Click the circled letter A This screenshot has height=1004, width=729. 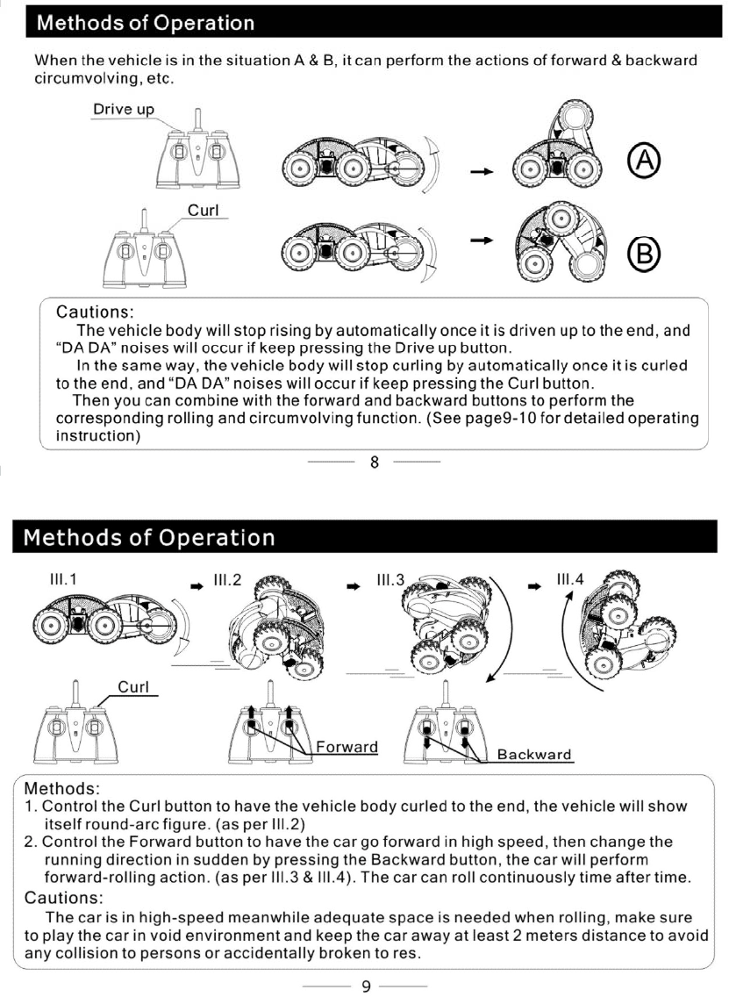(x=644, y=161)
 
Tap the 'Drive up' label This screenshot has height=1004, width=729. (x=124, y=110)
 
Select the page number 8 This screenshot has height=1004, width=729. (x=375, y=463)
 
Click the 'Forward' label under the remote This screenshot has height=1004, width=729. (x=347, y=747)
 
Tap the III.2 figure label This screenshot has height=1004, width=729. (x=226, y=580)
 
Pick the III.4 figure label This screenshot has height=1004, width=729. (x=570, y=580)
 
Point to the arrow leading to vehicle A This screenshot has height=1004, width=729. (x=479, y=171)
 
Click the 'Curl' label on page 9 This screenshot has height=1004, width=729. (x=133, y=686)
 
